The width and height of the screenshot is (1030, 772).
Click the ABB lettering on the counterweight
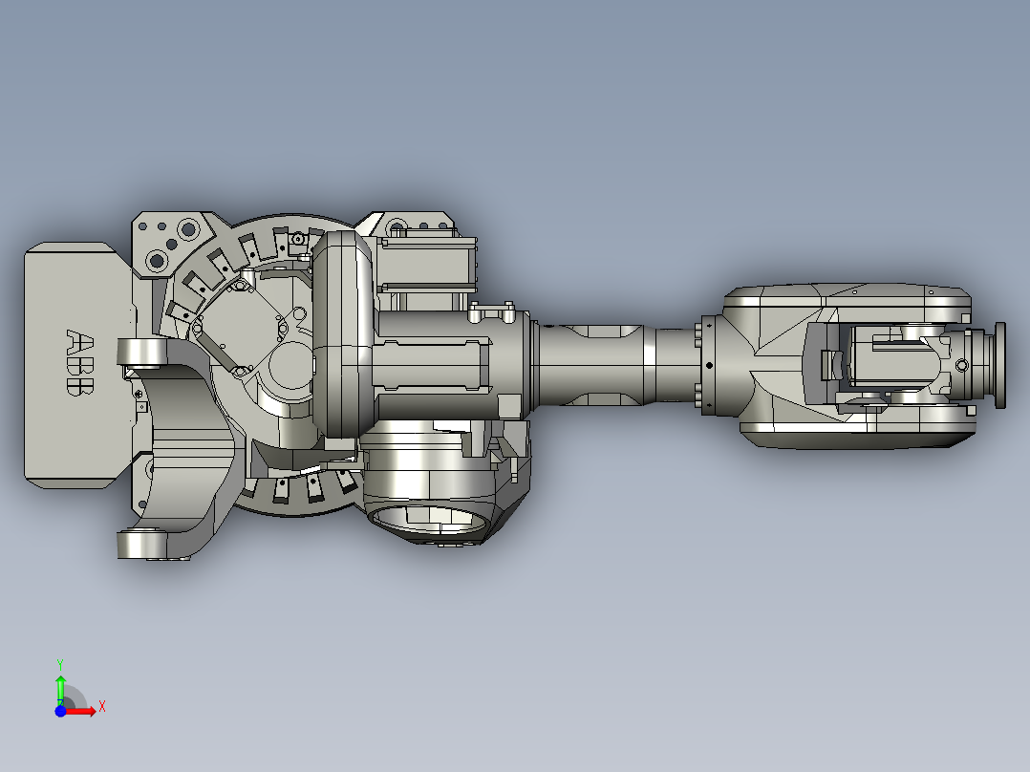[x=80, y=363]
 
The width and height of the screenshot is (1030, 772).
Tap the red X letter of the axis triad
[x=102, y=707]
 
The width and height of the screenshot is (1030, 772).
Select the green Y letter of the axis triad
[x=60, y=664]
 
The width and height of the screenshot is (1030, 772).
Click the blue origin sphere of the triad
[x=60, y=711]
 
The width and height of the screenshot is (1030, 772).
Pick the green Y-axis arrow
[x=60, y=690]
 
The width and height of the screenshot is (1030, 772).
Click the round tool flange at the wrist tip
[x=999, y=365]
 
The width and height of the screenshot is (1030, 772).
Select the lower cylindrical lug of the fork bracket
[x=140, y=544]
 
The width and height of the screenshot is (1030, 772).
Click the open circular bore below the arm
[x=430, y=519]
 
